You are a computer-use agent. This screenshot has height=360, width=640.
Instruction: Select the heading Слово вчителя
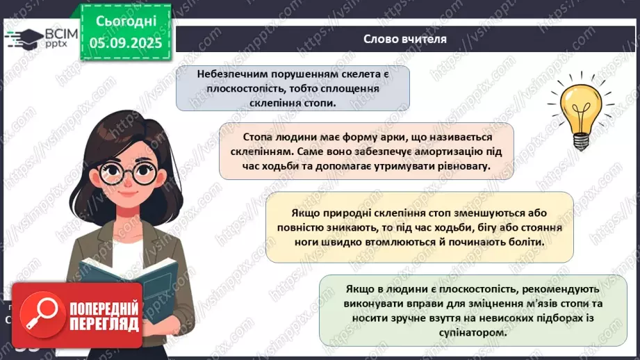405,39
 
